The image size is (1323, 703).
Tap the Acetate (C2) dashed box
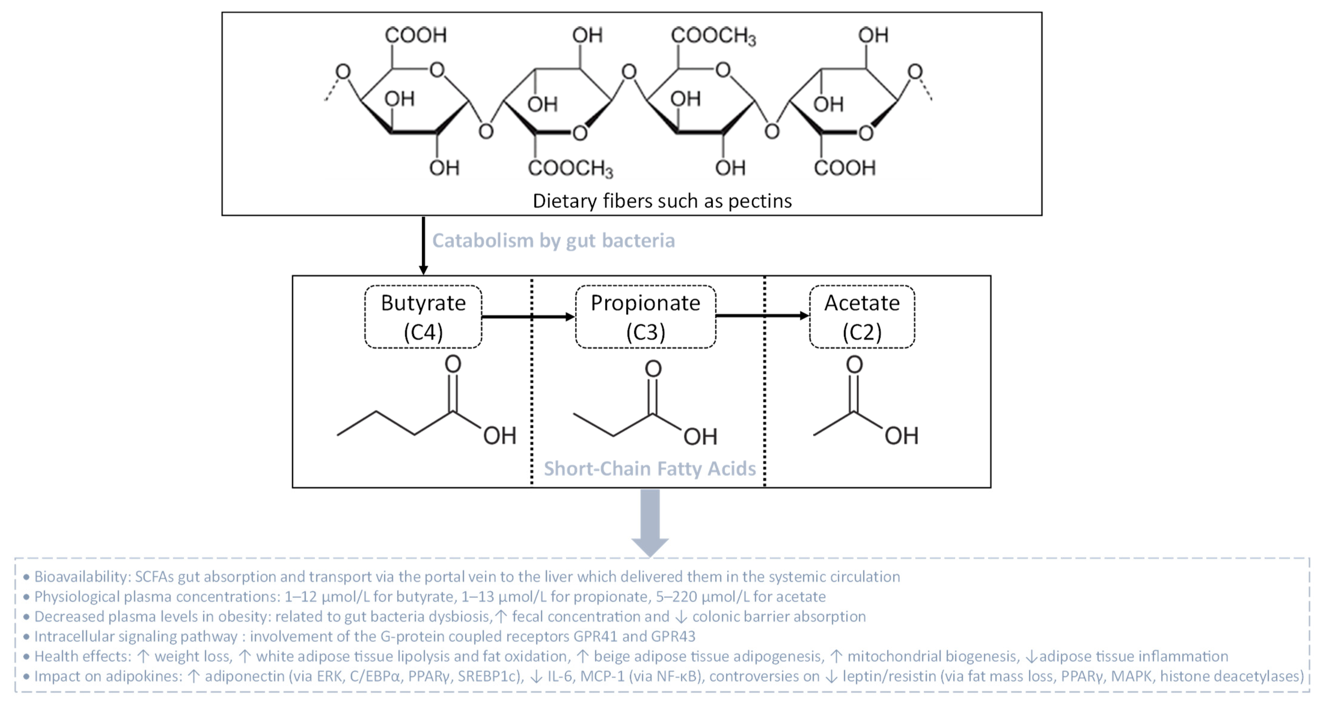pos(861,317)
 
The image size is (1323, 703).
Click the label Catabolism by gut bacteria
pos(553,240)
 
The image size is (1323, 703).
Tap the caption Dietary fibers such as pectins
pos(662,201)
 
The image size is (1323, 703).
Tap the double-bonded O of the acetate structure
pos(854,365)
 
